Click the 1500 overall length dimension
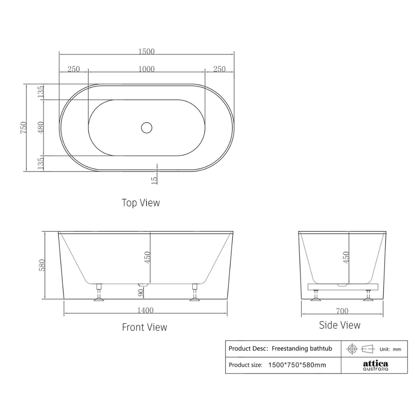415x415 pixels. (x=146, y=51)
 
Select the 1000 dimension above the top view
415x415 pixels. (x=146, y=69)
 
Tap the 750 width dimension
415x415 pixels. (x=23, y=127)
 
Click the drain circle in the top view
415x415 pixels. (x=147, y=128)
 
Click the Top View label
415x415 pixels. (x=141, y=203)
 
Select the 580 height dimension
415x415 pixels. (x=42, y=265)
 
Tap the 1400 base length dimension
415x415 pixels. (x=145, y=310)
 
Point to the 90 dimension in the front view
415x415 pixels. (x=141, y=292)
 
